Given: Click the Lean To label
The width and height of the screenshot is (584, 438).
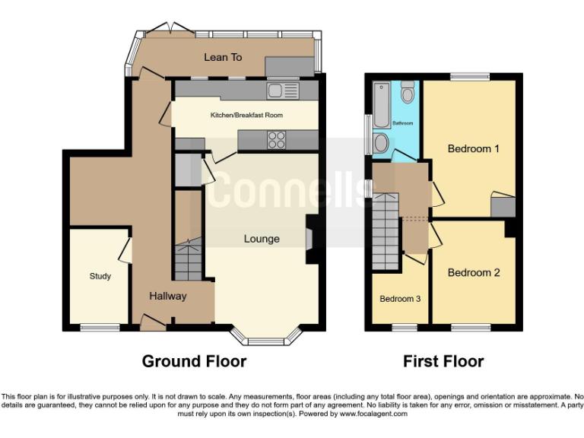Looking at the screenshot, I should coord(223,57).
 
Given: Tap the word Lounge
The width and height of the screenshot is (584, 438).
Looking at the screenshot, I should coord(262,239).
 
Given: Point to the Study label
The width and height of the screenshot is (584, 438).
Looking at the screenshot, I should coord(100,276).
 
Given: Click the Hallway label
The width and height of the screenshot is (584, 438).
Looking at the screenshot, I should coord(167,296).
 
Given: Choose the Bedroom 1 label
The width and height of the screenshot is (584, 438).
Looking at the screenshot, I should coord(473,149).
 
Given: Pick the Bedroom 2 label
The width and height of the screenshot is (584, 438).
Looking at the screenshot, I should coord(473,272).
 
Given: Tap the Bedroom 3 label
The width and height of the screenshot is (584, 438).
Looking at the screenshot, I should coord(400,299).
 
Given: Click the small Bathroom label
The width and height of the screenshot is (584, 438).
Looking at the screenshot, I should coord(402,123).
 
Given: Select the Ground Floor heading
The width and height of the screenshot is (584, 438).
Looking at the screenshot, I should coord(194,361).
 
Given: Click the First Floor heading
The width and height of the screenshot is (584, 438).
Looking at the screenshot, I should coord(443,361).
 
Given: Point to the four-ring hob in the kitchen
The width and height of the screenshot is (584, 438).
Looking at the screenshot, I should coord(277,140).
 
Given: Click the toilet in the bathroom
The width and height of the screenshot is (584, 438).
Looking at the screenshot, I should coord(408,92).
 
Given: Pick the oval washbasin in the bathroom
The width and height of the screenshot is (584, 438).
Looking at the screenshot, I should coord(380,144).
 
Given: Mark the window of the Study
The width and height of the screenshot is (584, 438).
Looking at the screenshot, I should coord(100,328).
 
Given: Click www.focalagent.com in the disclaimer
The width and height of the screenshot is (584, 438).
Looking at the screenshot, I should coord(373,414).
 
